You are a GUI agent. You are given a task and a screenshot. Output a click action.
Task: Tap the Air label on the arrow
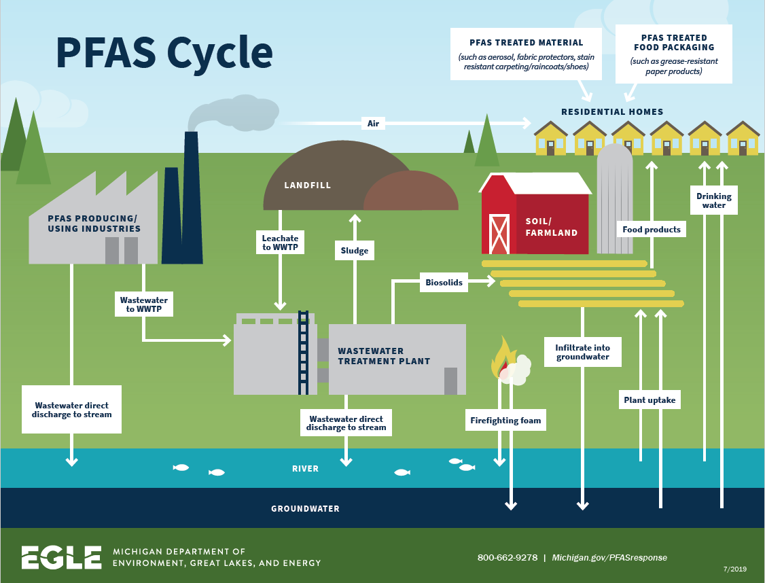[x=373, y=123]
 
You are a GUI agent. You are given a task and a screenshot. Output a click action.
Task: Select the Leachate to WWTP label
[x=280, y=243]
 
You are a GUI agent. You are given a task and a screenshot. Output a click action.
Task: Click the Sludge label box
[x=354, y=251]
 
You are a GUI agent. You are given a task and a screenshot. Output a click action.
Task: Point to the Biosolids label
[x=444, y=282]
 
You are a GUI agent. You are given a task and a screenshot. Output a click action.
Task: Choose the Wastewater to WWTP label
[x=143, y=304]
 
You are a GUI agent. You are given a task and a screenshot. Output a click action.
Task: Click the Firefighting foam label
[x=505, y=421]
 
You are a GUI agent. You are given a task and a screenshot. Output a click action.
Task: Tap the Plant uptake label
[x=650, y=400]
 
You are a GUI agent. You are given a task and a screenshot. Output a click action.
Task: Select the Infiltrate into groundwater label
[x=582, y=352]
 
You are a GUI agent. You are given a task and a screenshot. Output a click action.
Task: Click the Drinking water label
[x=713, y=200]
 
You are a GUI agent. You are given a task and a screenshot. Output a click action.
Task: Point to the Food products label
[x=651, y=230]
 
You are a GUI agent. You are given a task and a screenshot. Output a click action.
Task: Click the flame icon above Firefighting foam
[x=503, y=357]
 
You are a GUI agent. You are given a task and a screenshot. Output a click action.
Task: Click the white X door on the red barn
[x=499, y=234]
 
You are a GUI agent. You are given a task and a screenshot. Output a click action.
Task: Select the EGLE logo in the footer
[x=61, y=557]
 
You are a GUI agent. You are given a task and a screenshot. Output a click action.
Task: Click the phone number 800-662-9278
[x=507, y=557]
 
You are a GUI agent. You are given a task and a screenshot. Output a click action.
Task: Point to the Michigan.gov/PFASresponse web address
[x=609, y=557]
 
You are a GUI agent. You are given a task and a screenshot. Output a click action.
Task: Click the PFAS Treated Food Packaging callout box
[x=673, y=54]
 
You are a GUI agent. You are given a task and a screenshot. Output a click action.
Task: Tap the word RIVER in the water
[x=305, y=469]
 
